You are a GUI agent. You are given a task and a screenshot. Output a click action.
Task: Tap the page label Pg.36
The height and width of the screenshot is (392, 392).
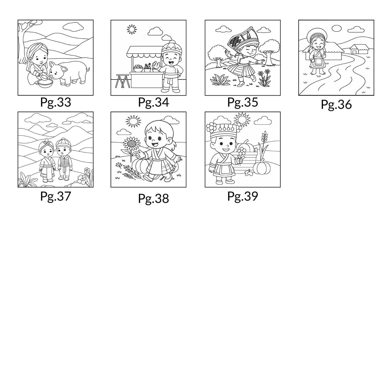click(x=336, y=105)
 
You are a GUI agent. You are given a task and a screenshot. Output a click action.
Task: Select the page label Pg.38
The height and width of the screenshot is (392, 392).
click(x=153, y=199)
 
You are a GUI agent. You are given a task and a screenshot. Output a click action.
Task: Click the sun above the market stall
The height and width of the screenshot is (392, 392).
click(x=132, y=30)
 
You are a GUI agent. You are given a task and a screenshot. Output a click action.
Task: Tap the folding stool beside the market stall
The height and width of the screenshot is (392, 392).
click(x=122, y=81)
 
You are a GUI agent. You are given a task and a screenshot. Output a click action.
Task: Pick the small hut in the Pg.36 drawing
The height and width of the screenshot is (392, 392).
click(x=359, y=49)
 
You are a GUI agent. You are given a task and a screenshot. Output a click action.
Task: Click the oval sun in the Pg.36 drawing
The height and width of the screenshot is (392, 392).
click(x=336, y=28)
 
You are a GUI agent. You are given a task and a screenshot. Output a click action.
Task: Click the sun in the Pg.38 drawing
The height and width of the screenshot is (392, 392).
click(x=134, y=121)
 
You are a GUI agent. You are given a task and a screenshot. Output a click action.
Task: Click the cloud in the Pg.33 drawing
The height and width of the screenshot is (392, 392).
click(x=73, y=26)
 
